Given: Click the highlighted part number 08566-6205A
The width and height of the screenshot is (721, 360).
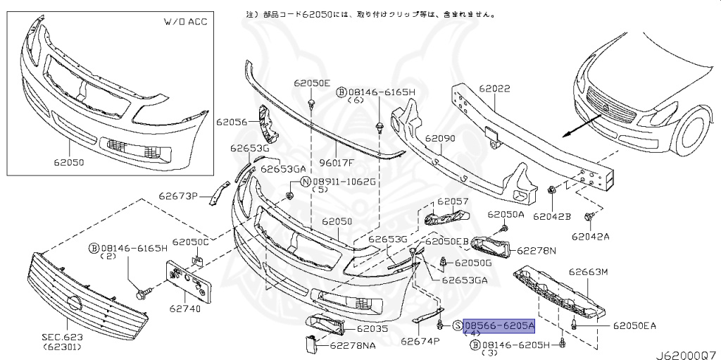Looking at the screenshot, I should [499, 325].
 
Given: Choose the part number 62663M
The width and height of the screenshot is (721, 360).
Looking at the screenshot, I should [588, 271].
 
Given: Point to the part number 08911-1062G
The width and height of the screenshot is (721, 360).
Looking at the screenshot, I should [344, 181].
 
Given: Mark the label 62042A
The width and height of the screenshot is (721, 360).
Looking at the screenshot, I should [591, 236].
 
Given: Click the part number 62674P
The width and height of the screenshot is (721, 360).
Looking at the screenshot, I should [420, 341].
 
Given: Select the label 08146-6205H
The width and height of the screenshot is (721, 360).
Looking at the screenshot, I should [516, 345].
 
